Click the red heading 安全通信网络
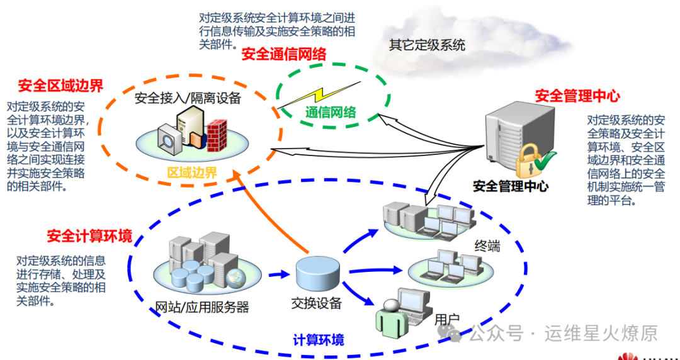pos(283,55)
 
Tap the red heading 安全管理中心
pos(577,96)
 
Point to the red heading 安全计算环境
pos(89,237)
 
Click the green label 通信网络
pos(331,113)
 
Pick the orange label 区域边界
pos(191,172)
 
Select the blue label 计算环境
pos(319,340)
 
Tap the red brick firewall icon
pos(216,132)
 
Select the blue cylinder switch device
pos(318,272)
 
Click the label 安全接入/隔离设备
pos(188,98)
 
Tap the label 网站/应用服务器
pos(202,307)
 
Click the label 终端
pos(488,246)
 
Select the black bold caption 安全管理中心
pos(510,186)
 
